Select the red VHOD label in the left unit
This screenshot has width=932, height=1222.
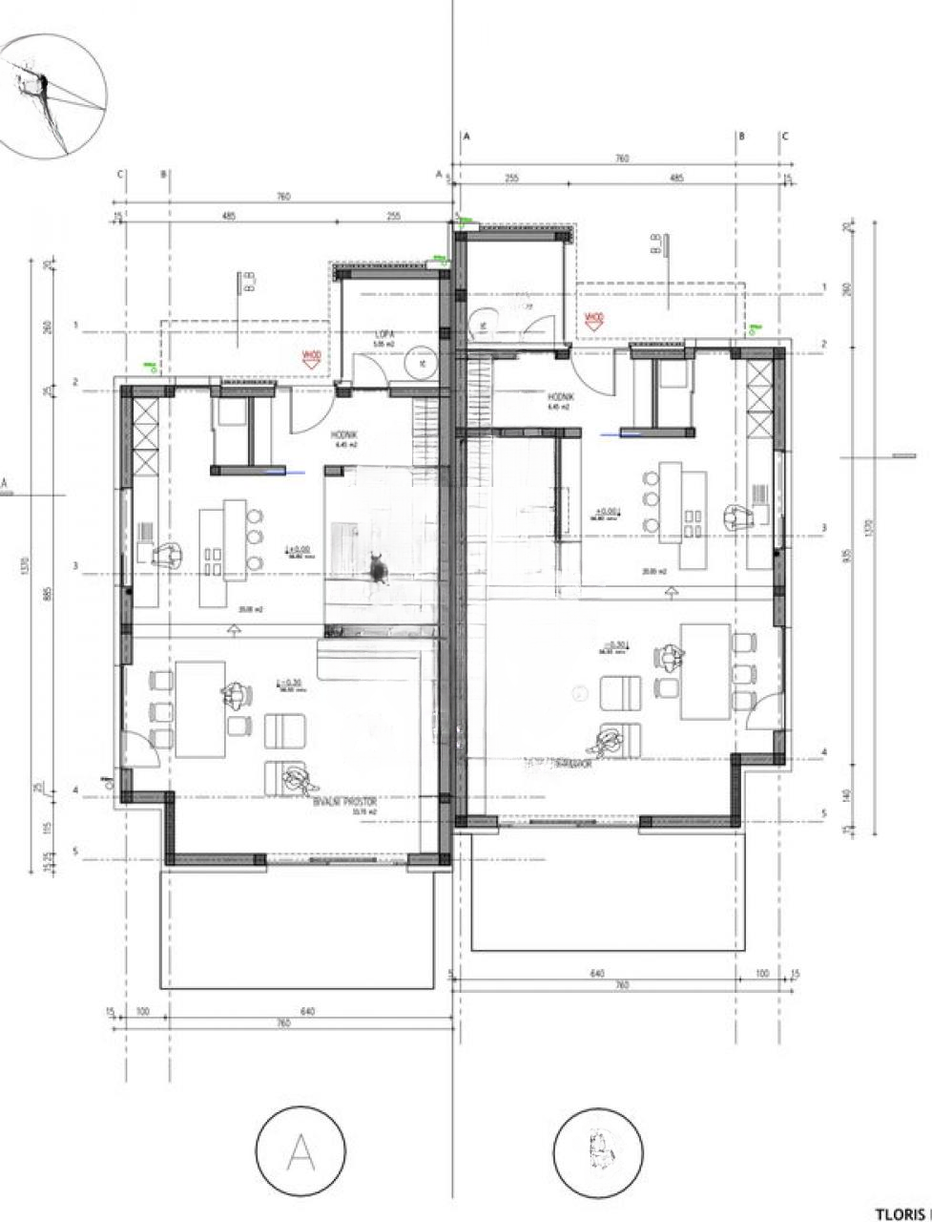coord(311,356)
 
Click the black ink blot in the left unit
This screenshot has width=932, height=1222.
coord(379,570)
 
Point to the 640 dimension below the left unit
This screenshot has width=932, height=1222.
coord(307,1011)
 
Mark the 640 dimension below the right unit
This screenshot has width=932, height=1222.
coord(598,975)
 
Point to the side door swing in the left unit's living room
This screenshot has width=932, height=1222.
coord(140,748)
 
